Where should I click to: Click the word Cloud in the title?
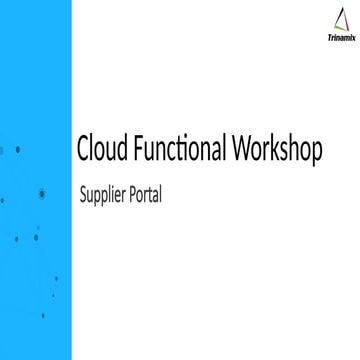coord(102,150)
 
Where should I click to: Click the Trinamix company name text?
coord(339,43)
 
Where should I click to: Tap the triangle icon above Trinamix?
coord(339,23)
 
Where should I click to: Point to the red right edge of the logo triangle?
coord(345,23)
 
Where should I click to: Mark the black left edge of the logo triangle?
coord(334,23)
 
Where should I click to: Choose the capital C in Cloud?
coord(84,150)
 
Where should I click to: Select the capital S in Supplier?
coord(82,196)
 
